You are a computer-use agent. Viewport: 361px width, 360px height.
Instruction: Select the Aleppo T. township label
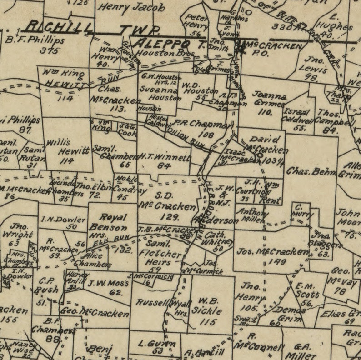click(166, 44)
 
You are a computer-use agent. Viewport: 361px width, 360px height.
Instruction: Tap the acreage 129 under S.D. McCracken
click(169, 217)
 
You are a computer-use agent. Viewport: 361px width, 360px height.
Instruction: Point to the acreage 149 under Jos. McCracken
click(277, 262)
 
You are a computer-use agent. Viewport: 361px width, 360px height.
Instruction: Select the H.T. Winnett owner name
click(164, 157)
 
